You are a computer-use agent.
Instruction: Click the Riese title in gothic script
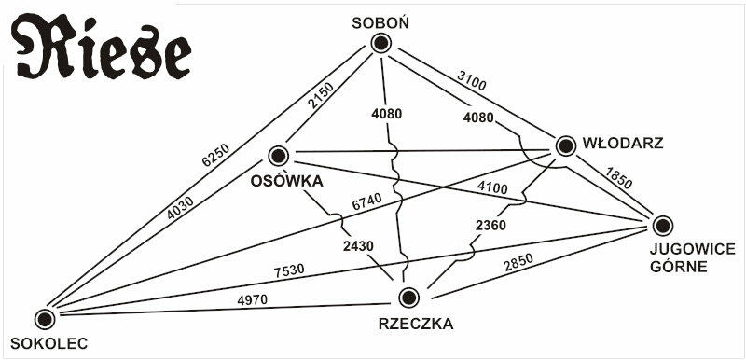point(101,48)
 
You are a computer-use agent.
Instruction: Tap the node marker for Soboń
point(380,44)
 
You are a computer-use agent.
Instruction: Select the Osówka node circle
point(279,156)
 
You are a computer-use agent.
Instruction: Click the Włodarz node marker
point(566,146)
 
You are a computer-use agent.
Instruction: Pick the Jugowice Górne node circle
point(663,226)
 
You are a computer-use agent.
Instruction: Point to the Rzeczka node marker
point(408,298)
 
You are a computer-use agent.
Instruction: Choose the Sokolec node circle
point(45,319)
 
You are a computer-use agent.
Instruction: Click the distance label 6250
point(215,155)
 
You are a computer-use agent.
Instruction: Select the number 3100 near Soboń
point(472,80)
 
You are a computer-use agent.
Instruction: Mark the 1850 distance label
point(618,177)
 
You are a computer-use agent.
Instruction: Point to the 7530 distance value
point(289,270)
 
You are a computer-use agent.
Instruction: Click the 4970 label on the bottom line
point(252,299)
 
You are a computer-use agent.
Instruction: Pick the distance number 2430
point(358,246)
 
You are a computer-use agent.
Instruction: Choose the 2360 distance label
point(490,226)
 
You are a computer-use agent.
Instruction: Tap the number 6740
point(366,202)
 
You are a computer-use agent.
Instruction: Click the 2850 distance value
point(518,262)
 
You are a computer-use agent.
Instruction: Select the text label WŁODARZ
point(623,144)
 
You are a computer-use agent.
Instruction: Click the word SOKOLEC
point(49,344)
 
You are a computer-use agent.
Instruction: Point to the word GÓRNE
point(679,267)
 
